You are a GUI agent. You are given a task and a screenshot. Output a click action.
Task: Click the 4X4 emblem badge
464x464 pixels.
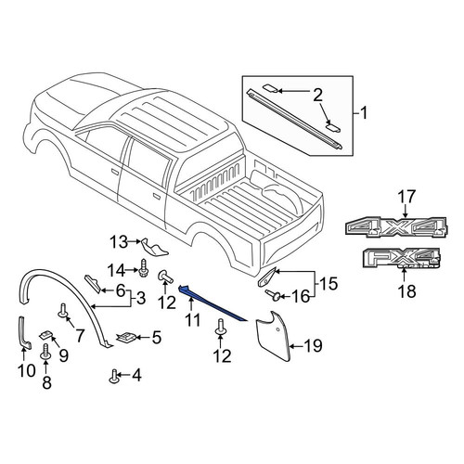pyautogui.click(x=396, y=227)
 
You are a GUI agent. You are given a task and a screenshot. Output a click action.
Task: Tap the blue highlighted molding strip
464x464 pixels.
pyautogui.click(x=213, y=303)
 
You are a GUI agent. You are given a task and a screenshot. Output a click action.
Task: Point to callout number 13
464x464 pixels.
pyautogui.click(x=119, y=241)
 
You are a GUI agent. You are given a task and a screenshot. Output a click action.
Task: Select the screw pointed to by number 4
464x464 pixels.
pyautogui.click(x=114, y=376)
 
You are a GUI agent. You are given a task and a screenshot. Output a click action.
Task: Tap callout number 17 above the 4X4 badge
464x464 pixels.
pyautogui.click(x=406, y=198)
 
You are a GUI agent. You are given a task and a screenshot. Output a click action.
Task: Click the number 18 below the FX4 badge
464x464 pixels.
pyautogui.click(x=407, y=290)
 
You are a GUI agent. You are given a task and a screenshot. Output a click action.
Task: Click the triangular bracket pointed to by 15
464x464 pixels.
pyautogui.click(x=267, y=277)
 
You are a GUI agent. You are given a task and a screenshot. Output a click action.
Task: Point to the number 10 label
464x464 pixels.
pyautogui.click(x=27, y=370)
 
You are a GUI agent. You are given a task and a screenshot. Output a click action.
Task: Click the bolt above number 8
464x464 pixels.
pyautogui.click(x=45, y=353)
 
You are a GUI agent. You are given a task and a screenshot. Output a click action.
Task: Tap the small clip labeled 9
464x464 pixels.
pyautogui.click(x=46, y=335)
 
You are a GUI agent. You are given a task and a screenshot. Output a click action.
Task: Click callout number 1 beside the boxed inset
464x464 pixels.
pyautogui.click(x=364, y=113)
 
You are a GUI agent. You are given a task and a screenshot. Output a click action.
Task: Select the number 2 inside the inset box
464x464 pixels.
pyautogui.click(x=317, y=95)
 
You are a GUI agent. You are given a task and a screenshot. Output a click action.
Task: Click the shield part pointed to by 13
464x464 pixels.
pyautogui.click(x=154, y=248)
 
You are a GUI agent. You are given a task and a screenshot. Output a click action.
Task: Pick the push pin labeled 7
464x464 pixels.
pyautogui.click(x=63, y=311)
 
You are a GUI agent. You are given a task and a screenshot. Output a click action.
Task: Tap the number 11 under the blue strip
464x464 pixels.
pyautogui.click(x=193, y=319)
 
